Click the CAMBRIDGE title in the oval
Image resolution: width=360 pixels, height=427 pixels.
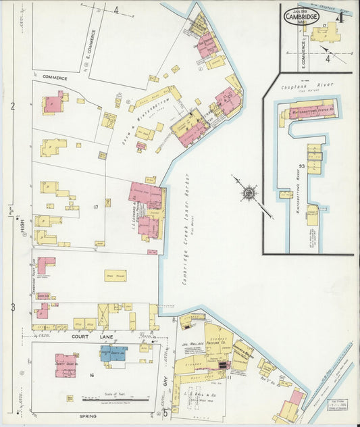pyautogui.click(x=301, y=16)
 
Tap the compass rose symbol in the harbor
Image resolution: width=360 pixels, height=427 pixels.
pyautogui.click(x=249, y=194)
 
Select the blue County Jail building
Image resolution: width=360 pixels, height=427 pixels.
pyautogui.click(x=113, y=353)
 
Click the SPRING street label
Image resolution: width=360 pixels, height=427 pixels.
pyautogui.click(x=88, y=416)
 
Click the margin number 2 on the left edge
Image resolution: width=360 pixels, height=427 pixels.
pyautogui.click(x=13, y=107)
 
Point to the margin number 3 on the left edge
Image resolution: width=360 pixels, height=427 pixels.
pyautogui.click(x=13, y=307)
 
